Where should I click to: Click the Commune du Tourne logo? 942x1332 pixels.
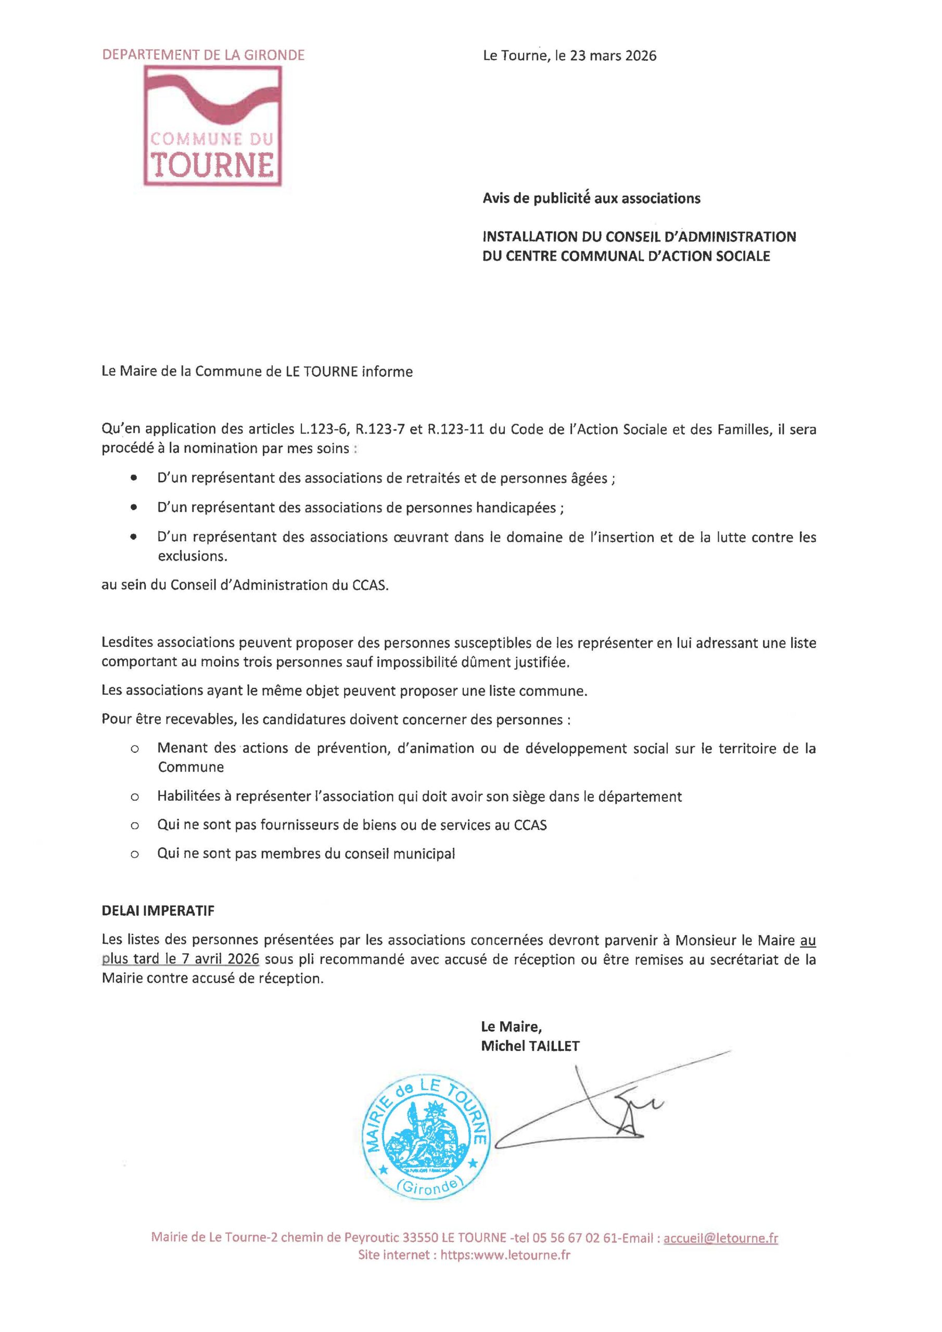tap(212, 125)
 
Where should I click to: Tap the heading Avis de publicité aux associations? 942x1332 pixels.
tap(591, 198)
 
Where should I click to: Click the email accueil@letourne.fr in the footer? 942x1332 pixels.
tap(720, 1238)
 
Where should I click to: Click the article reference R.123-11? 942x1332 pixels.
tap(457, 429)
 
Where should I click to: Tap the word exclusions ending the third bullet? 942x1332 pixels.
tap(192, 556)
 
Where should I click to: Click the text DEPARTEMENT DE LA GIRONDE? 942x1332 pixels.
tap(203, 56)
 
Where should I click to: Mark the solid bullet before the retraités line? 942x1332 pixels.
tap(135, 479)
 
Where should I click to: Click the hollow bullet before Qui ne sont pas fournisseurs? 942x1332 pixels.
tap(135, 825)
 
